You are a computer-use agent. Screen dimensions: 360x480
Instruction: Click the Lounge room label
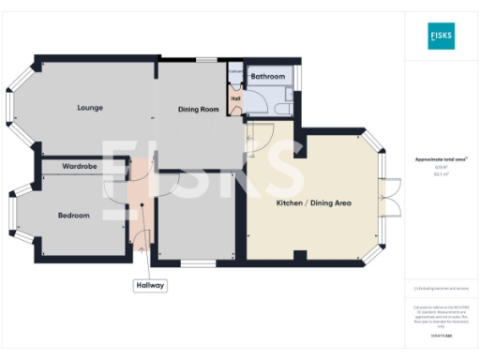90,108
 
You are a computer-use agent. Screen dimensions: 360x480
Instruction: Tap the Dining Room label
198,110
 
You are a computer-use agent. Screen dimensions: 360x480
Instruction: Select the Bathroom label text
267,76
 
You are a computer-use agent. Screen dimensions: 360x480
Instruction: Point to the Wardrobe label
81,167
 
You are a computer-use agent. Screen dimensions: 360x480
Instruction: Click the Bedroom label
73,215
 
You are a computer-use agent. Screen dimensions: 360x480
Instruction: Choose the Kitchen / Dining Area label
313,202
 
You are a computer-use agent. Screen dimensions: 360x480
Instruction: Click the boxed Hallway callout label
149,285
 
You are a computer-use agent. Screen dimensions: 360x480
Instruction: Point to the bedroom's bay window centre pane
13,215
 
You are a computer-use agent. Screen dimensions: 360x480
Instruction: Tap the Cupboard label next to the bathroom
235,71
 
